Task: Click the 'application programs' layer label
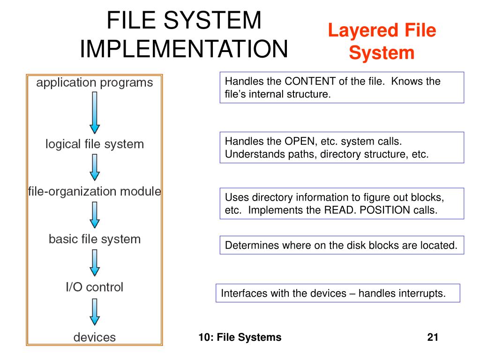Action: pos(95,83)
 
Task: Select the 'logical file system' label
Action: pos(95,144)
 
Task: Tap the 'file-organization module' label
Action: pos(95,191)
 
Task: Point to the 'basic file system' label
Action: pos(95,239)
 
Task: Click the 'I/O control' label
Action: pos(94,287)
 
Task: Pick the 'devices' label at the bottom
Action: pos(95,337)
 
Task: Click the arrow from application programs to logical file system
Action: pos(95,112)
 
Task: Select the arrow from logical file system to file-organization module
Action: pos(95,167)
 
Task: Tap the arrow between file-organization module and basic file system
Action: pos(95,215)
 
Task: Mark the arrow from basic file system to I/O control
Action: pos(95,262)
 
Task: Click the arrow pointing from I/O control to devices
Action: pos(95,312)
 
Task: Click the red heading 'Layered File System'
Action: pos(382,42)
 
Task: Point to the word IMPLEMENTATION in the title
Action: pos(184,49)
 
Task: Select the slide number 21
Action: pos(432,337)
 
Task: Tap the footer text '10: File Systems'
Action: pos(240,337)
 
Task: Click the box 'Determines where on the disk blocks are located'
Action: pos(342,245)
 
